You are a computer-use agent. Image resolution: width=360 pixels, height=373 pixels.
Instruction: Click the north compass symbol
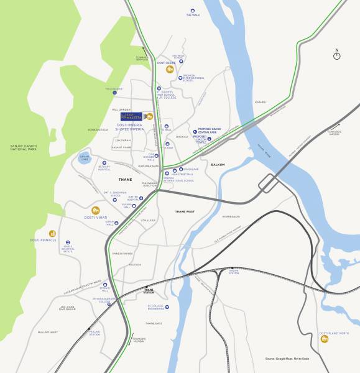336,55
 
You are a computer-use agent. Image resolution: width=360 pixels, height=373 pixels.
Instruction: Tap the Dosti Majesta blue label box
132,116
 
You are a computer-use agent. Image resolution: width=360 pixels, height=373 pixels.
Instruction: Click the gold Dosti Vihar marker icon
96,211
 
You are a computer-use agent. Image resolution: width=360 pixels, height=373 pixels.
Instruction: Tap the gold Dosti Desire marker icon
168,69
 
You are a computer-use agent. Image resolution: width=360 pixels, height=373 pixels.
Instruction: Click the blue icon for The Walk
192,10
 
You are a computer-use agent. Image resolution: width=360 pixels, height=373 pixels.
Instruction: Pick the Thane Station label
149,290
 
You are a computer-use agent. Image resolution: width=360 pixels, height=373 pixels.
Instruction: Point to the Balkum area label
217,165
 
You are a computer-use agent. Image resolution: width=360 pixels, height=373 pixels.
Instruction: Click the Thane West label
185,211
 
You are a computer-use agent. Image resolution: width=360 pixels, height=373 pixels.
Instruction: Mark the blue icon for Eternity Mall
105,285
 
